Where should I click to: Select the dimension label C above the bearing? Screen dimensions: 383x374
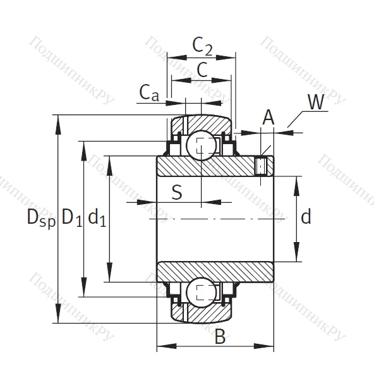pyautogui.click(x=202, y=70)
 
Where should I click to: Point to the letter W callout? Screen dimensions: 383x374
pyautogui.click(x=318, y=102)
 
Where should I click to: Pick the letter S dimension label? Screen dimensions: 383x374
pyautogui.click(x=177, y=191)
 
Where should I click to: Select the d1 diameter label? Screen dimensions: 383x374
pyautogui.click(x=97, y=218)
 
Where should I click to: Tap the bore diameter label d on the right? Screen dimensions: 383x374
pyautogui.click(x=306, y=217)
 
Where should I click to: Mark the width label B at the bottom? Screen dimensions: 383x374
pyautogui.click(x=219, y=336)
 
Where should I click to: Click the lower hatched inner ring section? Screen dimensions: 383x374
pyautogui.click(x=215, y=270)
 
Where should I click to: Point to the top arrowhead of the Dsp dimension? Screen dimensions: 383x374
pyautogui.click(x=59, y=120)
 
